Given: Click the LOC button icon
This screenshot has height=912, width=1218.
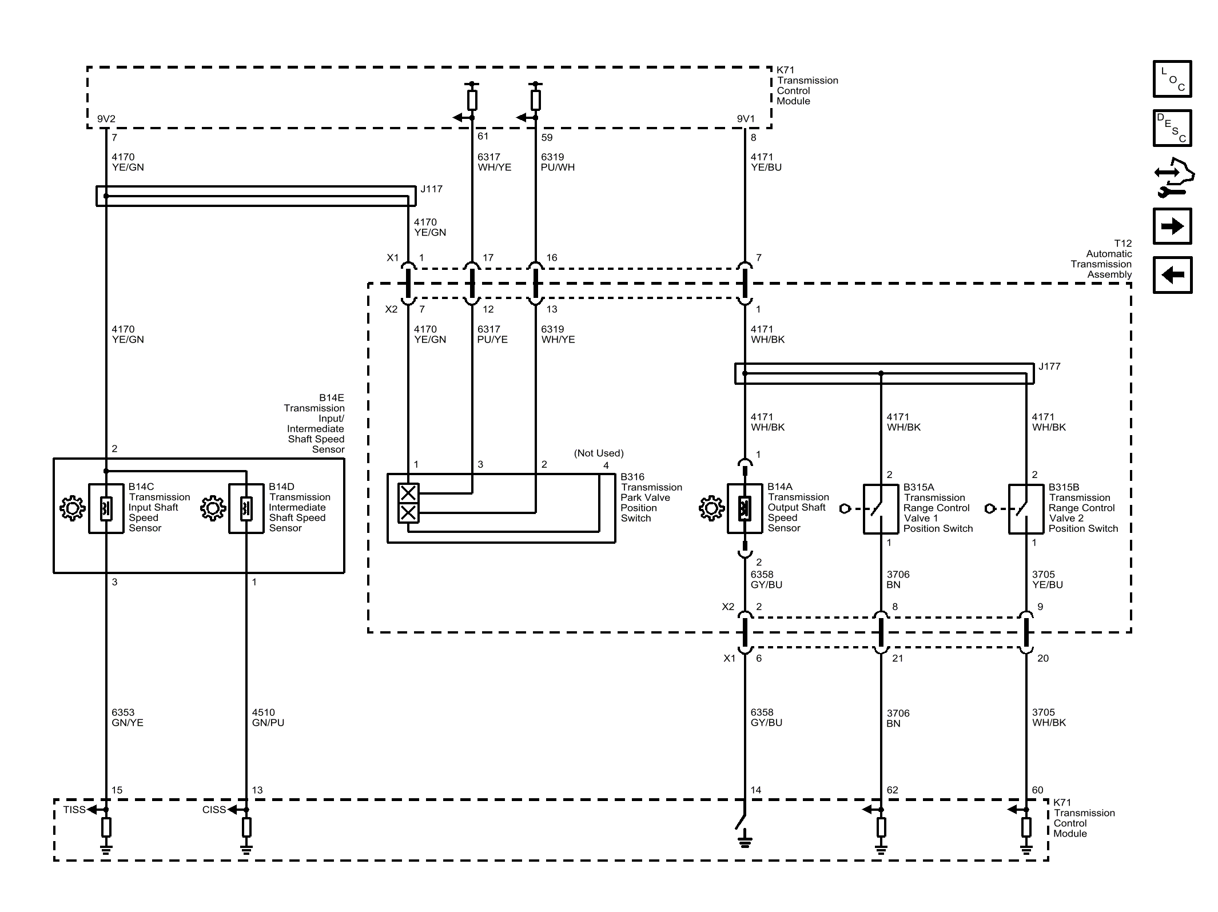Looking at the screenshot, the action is pyautogui.click(x=1172, y=78).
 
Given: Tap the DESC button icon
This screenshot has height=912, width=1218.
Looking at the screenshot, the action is pyautogui.click(x=1172, y=128).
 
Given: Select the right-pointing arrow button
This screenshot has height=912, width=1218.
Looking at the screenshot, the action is pyautogui.click(x=1172, y=226).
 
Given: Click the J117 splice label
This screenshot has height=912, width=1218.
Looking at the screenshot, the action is pyautogui.click(x=431, y=189).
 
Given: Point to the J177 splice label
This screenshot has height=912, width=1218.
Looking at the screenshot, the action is pyautogui.click(x=1049, y=366).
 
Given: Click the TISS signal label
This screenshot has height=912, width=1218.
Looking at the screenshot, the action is pyautogui.click(x=74, y=810).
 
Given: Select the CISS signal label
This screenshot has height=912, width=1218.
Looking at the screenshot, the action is pyautogui.click(x=214, y=810).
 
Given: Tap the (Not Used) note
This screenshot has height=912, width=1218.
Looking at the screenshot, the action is pyautogui.click(x=599, y=453).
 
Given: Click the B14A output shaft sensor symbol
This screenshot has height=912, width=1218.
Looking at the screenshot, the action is pyautogui.click(x=745, y=508).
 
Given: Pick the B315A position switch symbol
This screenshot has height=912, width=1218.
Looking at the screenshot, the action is pyautogui.click(x=881, y=509).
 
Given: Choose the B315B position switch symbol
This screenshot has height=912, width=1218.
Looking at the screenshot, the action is pyautogui.click(x=1026, y=509).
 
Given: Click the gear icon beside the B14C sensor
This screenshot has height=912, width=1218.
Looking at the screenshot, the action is pyautogui.click(x=73, y=508).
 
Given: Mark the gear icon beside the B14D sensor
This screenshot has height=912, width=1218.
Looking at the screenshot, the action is pyautogui.click(x=213, y=508).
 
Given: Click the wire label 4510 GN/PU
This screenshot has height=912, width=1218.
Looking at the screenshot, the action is pyautogui.click(x=268, y=718).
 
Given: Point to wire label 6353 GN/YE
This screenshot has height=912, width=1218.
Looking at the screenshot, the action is pyautogui.click(x=128, y=718).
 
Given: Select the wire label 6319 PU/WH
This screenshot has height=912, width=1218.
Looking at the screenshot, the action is pyautogui.click(x=558, y=162).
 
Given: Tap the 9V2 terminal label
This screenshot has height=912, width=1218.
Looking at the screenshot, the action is pyautogui.click(x=106, y=119).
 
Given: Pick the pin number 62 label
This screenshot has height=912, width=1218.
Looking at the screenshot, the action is pyautogui.click(x=892, y=790).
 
